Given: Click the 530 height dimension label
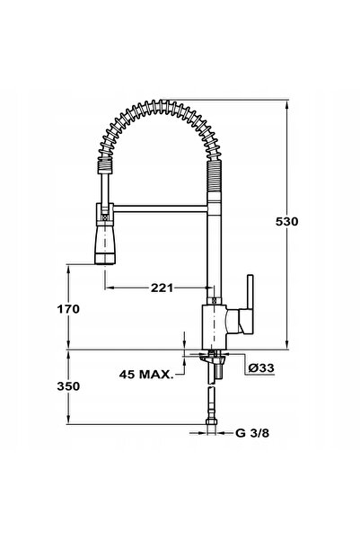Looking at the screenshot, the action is click(x=286, y=221).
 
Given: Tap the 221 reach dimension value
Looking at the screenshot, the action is click(x=162, y=288).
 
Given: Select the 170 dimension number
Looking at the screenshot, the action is click(x=68, y=309).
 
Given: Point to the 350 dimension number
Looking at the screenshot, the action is click(x=68, y=386).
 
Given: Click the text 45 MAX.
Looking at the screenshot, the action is click(x=146, y=375).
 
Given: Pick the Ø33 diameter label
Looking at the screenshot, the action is click(x=261, y=367).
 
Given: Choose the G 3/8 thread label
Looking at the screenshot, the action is click(x=252, y=433).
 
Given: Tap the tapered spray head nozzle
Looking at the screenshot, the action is click(x=105, y=244).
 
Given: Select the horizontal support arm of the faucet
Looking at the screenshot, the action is click(x=160, y=208).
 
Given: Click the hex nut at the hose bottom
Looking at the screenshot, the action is click(x=211, y=422).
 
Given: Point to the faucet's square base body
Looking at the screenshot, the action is click(x=214, y=327).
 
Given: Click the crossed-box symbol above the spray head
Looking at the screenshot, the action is click(x=105, y=217).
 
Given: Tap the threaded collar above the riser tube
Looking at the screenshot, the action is click(x=214, y=175).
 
